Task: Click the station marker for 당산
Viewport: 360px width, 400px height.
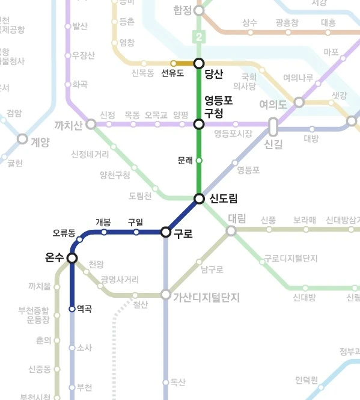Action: tap(199, 63)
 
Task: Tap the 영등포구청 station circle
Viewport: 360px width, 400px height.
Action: tap(199, 125)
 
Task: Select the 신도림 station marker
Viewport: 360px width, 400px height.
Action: tap(199, 198)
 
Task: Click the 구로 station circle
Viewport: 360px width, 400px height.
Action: tap(166, 232)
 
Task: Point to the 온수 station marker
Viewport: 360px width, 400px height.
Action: tap(72, 258)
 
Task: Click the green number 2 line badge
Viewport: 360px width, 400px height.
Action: tap(199, 37)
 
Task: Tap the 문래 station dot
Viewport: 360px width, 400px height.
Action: tap(199, 161)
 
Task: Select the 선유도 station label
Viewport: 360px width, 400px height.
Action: tap(173, 75)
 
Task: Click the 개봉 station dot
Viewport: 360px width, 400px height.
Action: tap(104, 232)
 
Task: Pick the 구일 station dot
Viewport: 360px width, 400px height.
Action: tap(136, 232)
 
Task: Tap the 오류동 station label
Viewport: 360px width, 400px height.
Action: tap(64, 233)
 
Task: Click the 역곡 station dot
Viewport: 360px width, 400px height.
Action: tap(72, 309)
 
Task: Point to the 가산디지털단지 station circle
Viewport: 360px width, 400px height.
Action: tap(166, 295)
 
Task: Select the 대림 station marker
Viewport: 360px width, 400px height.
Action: tap(231, 230)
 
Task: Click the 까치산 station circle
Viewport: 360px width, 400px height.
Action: tap(91, 125)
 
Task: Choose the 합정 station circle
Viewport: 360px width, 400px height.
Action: tap(199, 10)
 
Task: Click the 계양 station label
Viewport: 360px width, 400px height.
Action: tap(40, 141)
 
